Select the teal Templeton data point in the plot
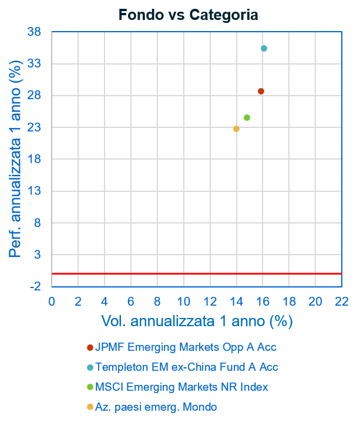(x=264, y=48)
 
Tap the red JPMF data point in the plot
(x=261, y=91)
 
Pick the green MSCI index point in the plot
(x=247, y=117)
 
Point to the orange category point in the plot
(x=236, y=128)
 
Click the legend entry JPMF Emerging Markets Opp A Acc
(x=186, y=347)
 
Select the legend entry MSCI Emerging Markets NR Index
(x=181, y=387)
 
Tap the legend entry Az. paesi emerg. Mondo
(x=156, y=407)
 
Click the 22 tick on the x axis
(x=342, y=301)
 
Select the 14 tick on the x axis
(x=236, y=301)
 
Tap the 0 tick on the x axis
(x=52, y=301)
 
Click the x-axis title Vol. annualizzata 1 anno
(x=197, y=321)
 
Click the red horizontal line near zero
(x=197, y=273)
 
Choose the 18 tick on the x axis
(x=289, y=301)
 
